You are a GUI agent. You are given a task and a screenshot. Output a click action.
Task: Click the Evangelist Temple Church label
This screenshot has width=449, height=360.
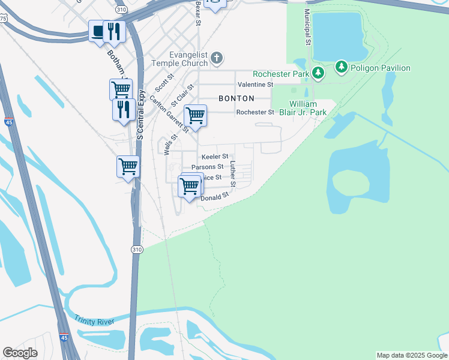[179, 58]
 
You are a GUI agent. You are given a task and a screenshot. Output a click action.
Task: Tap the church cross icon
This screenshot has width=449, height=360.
[217, 58]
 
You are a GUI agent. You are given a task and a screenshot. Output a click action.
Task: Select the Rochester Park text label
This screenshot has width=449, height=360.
[280, 74]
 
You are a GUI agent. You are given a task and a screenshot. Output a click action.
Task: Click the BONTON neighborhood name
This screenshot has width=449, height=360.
[237, 98]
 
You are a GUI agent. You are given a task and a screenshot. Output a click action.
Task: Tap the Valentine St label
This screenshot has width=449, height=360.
[255, 85]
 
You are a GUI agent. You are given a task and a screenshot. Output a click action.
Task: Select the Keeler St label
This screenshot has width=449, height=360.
[214, 157]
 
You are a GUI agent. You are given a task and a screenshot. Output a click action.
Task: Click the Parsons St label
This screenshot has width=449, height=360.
[207, 167]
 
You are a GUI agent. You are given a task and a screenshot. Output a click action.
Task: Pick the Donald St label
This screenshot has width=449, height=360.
[215, 197]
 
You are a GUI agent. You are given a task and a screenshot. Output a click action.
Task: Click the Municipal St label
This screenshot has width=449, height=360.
[307, 27]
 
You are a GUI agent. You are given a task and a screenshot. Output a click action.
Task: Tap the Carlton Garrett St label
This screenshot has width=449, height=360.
[170, 113]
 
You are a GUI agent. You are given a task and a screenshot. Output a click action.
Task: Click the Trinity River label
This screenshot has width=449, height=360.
[94, 321]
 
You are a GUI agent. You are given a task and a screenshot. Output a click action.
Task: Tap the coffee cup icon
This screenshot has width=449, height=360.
[98, 31]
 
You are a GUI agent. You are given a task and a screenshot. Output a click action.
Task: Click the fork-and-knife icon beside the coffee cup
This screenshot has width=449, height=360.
[113, 31]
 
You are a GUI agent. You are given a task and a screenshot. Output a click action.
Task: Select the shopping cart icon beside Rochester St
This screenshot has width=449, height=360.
[195, 115]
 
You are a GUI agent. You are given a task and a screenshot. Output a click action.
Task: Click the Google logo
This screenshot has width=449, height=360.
[20, 353]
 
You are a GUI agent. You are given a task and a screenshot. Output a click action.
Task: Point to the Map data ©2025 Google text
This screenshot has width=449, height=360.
[411, 355]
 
